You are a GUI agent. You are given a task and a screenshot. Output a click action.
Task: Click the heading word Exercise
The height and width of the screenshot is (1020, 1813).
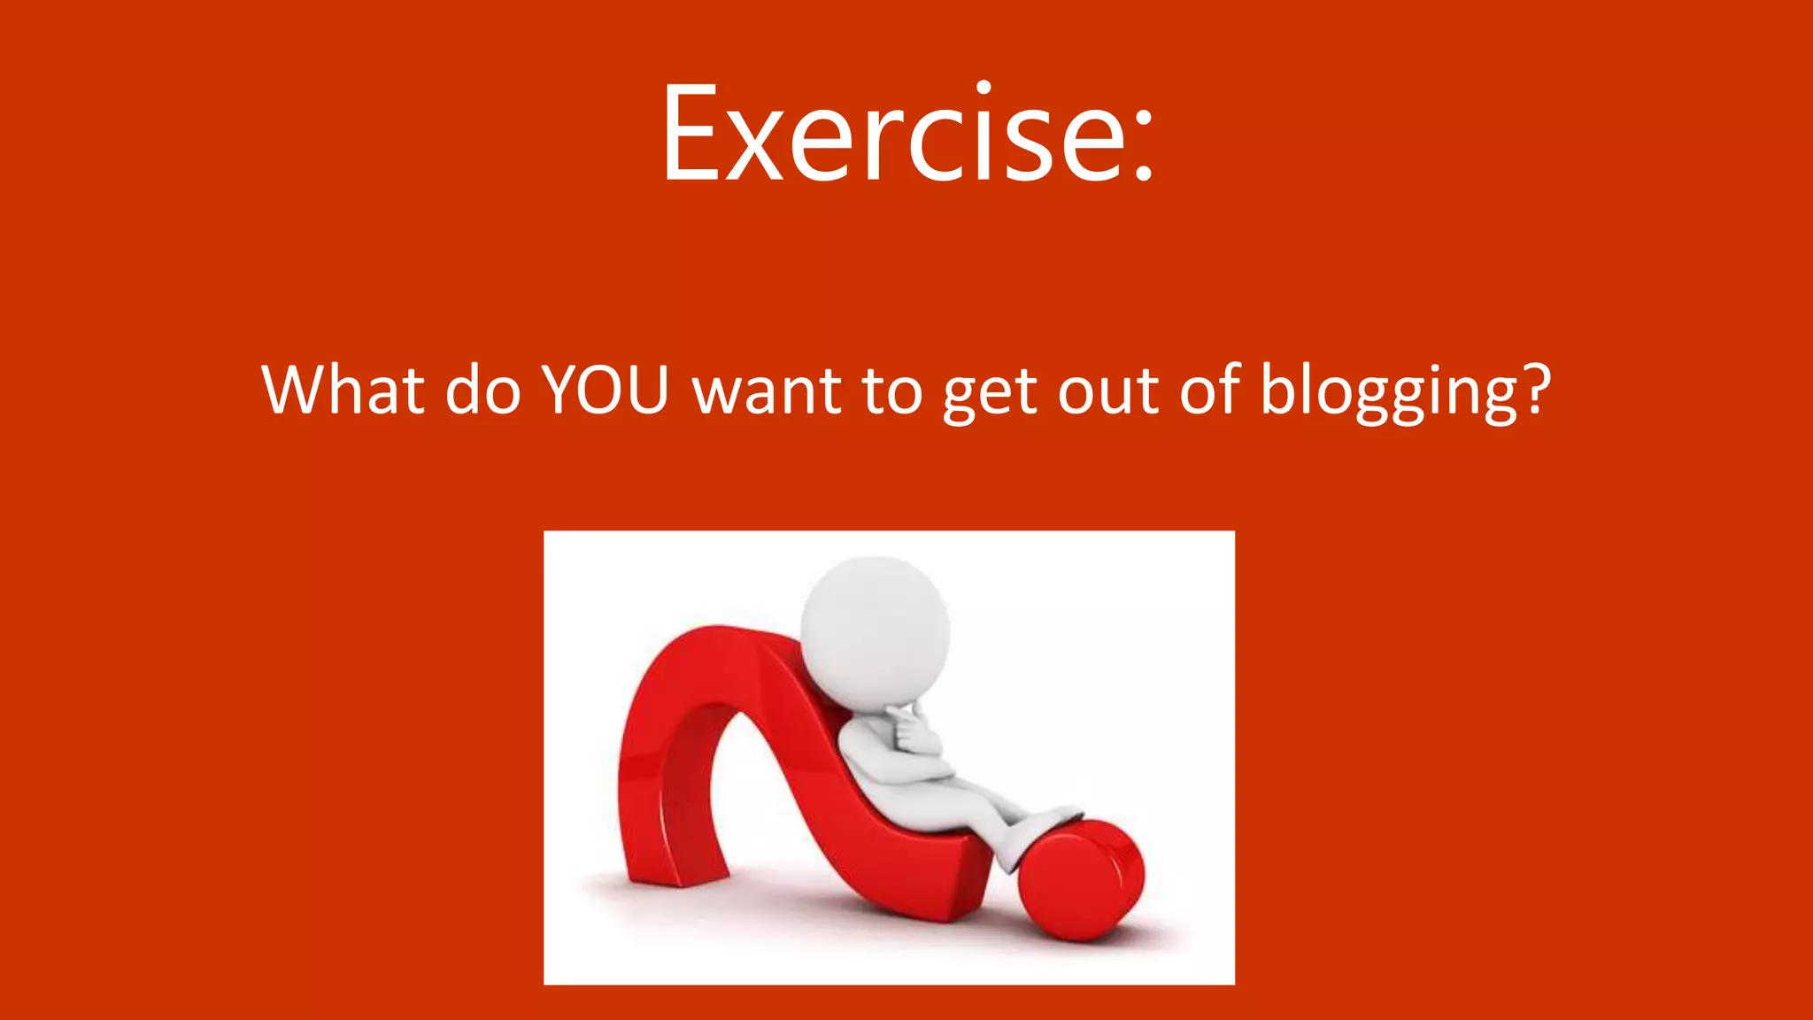coord(894,135)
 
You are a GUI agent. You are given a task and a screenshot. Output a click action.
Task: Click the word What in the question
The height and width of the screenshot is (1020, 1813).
coord(341,390)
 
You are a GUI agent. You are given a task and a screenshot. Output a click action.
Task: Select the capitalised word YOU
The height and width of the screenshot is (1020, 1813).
coord(604,390)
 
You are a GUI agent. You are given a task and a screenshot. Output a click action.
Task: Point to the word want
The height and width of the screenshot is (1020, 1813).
coord(767,391)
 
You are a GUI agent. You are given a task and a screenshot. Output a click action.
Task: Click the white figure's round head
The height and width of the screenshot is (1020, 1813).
coord(875,629)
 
